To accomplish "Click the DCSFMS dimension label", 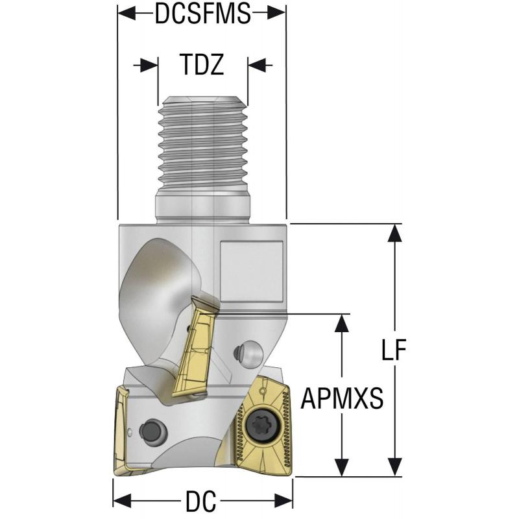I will [202, 14].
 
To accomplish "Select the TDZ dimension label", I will [202, 65].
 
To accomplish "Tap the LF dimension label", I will [393, 350].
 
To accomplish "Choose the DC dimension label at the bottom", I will [201, 501].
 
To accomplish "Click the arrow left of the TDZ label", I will [149, 65].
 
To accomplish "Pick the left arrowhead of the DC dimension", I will [121, 501].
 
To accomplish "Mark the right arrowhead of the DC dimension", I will [285, 501].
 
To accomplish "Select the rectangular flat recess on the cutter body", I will [252, 271].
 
